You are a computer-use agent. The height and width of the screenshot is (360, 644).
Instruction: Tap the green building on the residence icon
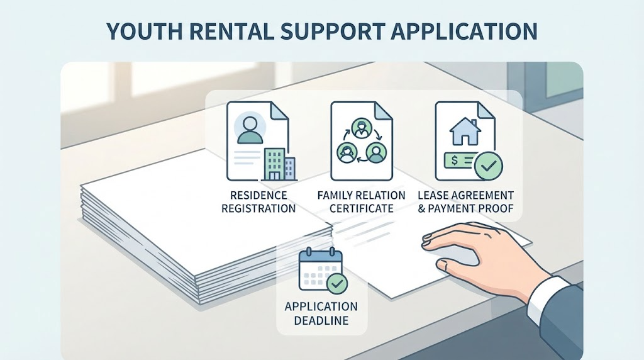click(x=274, y=164)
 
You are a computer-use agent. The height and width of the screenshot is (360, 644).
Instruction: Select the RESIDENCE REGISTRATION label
click(x=258, y=202)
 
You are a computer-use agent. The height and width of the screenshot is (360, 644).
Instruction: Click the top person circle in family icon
click(x=362, y=127)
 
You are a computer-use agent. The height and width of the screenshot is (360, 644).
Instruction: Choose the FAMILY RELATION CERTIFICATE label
click(x=362, y=202)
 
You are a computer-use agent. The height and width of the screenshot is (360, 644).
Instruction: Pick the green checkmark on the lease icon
click(x=488, y=166)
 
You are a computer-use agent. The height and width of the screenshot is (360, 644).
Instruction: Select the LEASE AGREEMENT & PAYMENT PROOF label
click(x=466, y=202)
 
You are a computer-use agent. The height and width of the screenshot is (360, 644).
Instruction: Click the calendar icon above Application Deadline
click(x=320, y=269)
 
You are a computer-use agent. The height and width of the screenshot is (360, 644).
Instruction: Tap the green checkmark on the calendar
click(x=337, y=283)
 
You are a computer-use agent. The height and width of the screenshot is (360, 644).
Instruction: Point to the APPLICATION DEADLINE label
click(x=321, y=313)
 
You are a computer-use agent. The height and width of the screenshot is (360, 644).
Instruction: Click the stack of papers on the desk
click(x=206, y=230)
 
